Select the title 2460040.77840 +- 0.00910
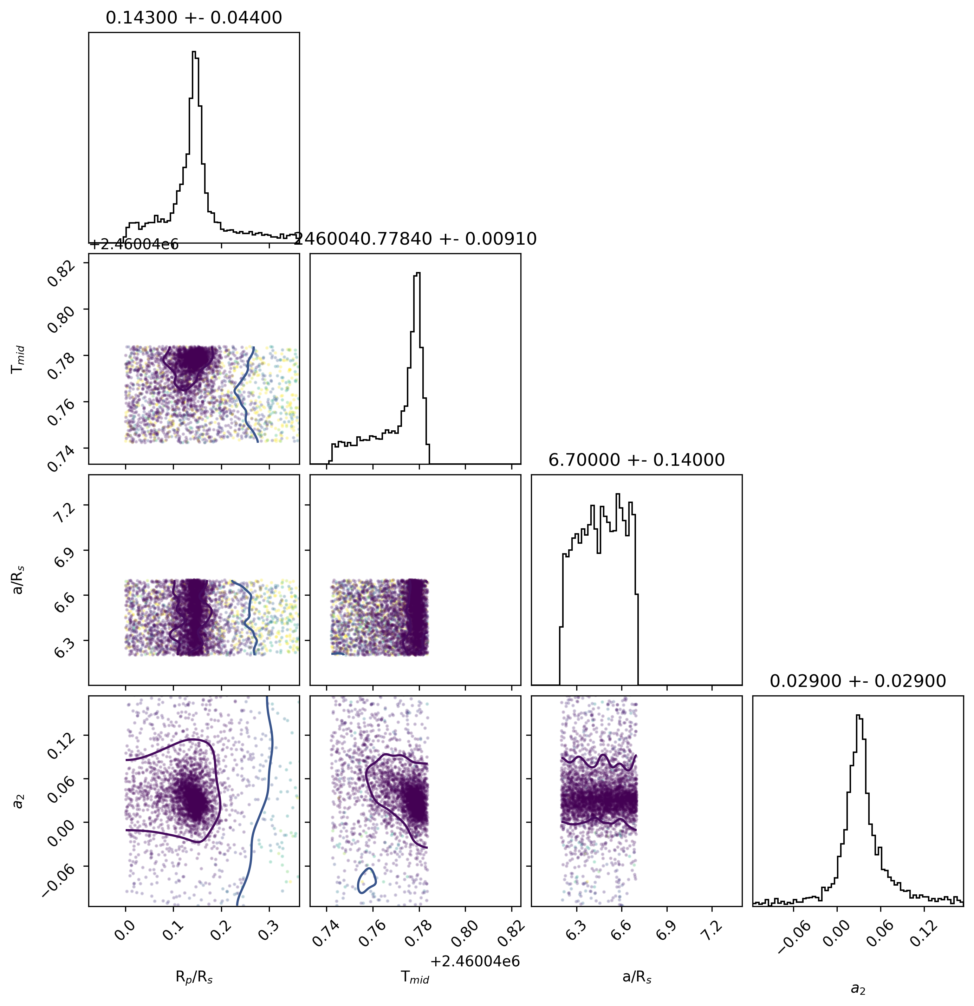pyautogui.click(x=415, y=239)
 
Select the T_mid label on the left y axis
pyautogui.click(x=19, y=359)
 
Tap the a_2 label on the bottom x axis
pyautogui.click(x=858, y=988)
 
